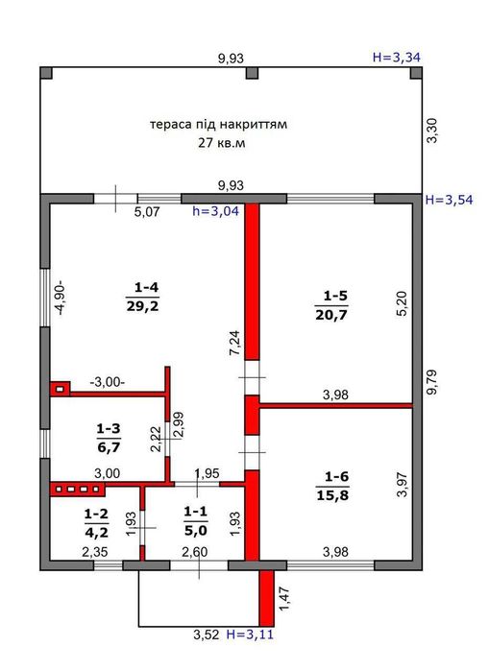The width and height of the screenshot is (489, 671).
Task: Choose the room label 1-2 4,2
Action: click(x=95, y=523)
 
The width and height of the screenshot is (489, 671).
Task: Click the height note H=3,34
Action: click(x=396, y=58)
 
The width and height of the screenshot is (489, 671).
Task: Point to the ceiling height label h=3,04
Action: click(x=216, y=212)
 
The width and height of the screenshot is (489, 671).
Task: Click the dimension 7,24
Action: click(x=233, y=344)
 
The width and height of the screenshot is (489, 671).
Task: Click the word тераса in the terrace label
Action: click(x=169, y=125)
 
